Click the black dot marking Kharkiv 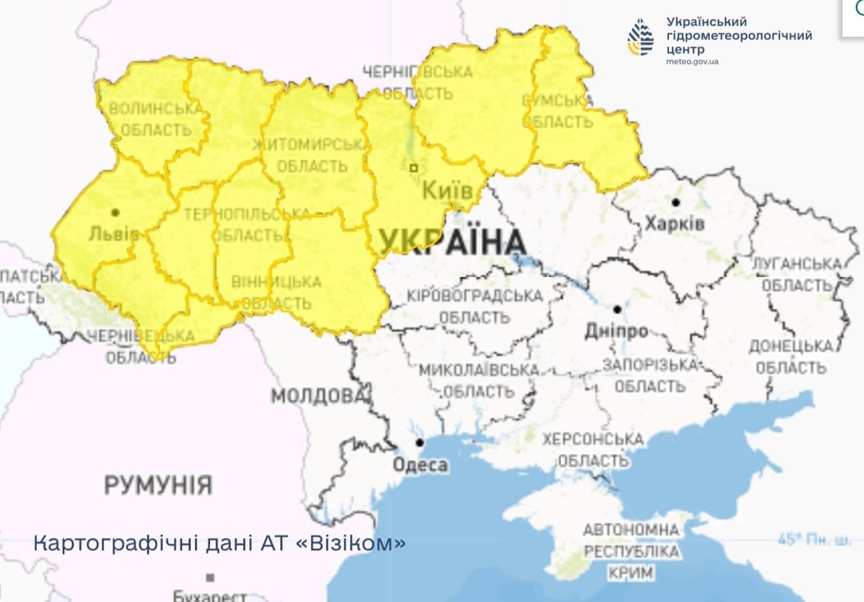675,202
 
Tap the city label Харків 674,224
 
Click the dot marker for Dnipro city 617,309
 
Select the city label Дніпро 616,331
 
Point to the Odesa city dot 420,443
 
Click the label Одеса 421,466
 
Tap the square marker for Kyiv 414,167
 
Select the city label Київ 447,190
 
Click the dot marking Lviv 115,212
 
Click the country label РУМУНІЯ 158,484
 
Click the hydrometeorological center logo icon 640,37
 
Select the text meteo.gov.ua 692,61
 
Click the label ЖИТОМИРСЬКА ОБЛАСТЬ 310,155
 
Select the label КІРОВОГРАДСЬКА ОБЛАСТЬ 475,307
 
